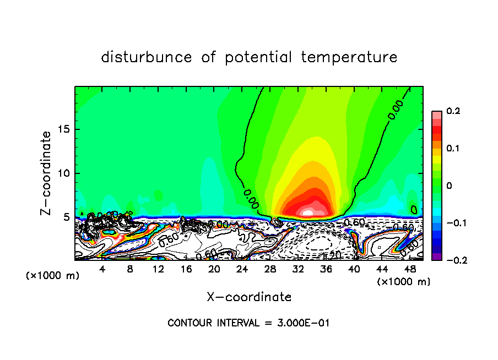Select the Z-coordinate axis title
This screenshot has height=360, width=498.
tap(47, 173)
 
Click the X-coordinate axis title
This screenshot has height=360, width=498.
tap(249, 297)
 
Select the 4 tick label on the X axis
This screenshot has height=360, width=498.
tap(102, 269)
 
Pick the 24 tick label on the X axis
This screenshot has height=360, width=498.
tap(242, 269)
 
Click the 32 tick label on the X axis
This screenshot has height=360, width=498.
tap(298, 269)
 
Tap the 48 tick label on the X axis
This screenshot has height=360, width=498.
tap(409, 269)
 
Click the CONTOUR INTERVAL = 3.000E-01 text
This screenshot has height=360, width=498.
tap(248, 323)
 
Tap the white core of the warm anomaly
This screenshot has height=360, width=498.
tap(308, 211)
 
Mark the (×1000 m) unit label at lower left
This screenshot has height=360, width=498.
tap(53, 276)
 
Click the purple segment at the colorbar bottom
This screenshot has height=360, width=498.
tap(436, 257)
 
